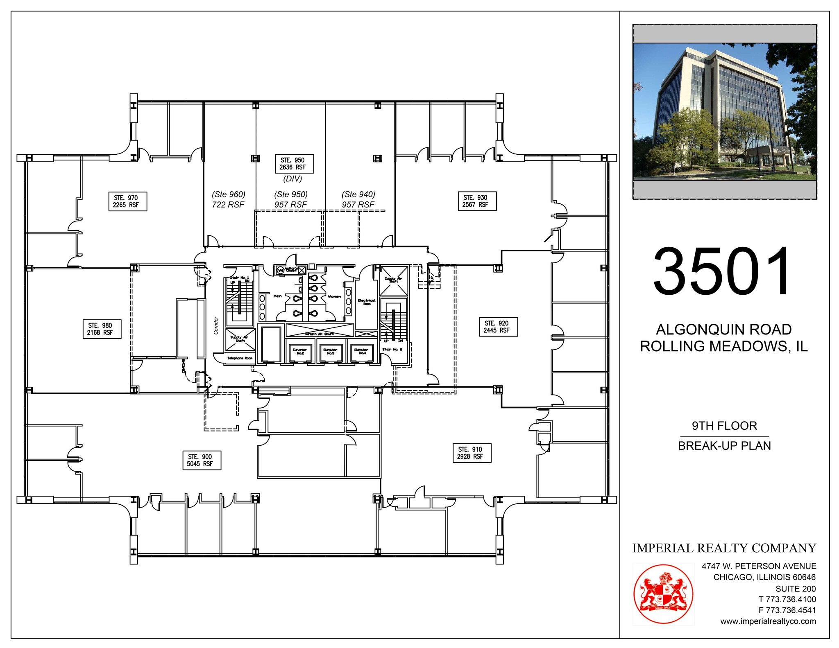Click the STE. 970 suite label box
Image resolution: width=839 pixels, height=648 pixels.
tap(127, 201)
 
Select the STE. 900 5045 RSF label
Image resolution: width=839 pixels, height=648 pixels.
tap(201, 460)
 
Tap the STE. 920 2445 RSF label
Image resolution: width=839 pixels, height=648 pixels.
tap(498, 327)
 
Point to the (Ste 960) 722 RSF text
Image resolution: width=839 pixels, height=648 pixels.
tap(228, 199)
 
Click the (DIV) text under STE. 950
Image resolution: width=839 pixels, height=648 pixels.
tap(293, 179)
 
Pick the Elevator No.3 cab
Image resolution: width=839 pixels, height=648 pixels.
tap(330, 352)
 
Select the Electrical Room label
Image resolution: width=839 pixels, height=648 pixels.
tap(367, 302)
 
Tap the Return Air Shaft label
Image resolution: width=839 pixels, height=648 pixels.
tap(319, 334)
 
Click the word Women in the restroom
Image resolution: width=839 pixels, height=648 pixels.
tap(334, 296)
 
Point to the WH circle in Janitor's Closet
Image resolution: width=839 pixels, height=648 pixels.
tap(281, 270)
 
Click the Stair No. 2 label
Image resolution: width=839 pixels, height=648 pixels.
tap(392, 349)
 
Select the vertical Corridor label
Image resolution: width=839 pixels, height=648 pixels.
tap(216, 325)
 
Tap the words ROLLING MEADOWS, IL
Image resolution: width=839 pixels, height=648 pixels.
tap(723, 346)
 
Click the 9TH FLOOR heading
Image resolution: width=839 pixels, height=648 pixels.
tap(724, 426)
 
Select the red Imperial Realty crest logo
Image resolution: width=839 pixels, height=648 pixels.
tap(663, 594)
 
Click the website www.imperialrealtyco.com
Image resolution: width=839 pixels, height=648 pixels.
tap(768, 621)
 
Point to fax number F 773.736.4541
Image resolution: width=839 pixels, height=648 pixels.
tap(787, 610)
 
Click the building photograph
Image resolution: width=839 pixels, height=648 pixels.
tap(724, 111)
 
